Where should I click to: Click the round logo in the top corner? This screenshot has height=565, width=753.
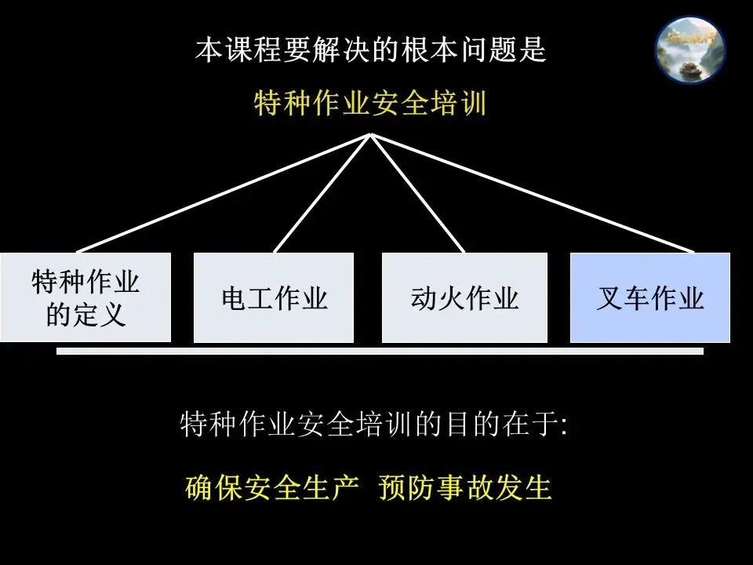tap(690, 49)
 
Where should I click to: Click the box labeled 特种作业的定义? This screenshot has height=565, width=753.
tap(85, 297)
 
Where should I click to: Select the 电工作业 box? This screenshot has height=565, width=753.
tap(274, 297)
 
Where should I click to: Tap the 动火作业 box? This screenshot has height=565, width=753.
tap(464, 297)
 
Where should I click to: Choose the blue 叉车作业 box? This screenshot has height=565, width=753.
tap(649, 297)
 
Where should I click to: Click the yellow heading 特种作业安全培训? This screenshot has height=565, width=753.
tap(370, 103)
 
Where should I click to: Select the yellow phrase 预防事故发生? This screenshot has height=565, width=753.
tap(465, 487)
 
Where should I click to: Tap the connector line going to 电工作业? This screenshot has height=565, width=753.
tap(322, 193)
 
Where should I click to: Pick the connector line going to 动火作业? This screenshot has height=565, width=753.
tap(417, 193)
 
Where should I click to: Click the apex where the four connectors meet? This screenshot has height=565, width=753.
tap(370, 135)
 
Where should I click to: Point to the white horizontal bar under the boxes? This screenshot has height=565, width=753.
tap(380, 352)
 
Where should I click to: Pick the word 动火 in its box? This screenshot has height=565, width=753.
tap(437, 298)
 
